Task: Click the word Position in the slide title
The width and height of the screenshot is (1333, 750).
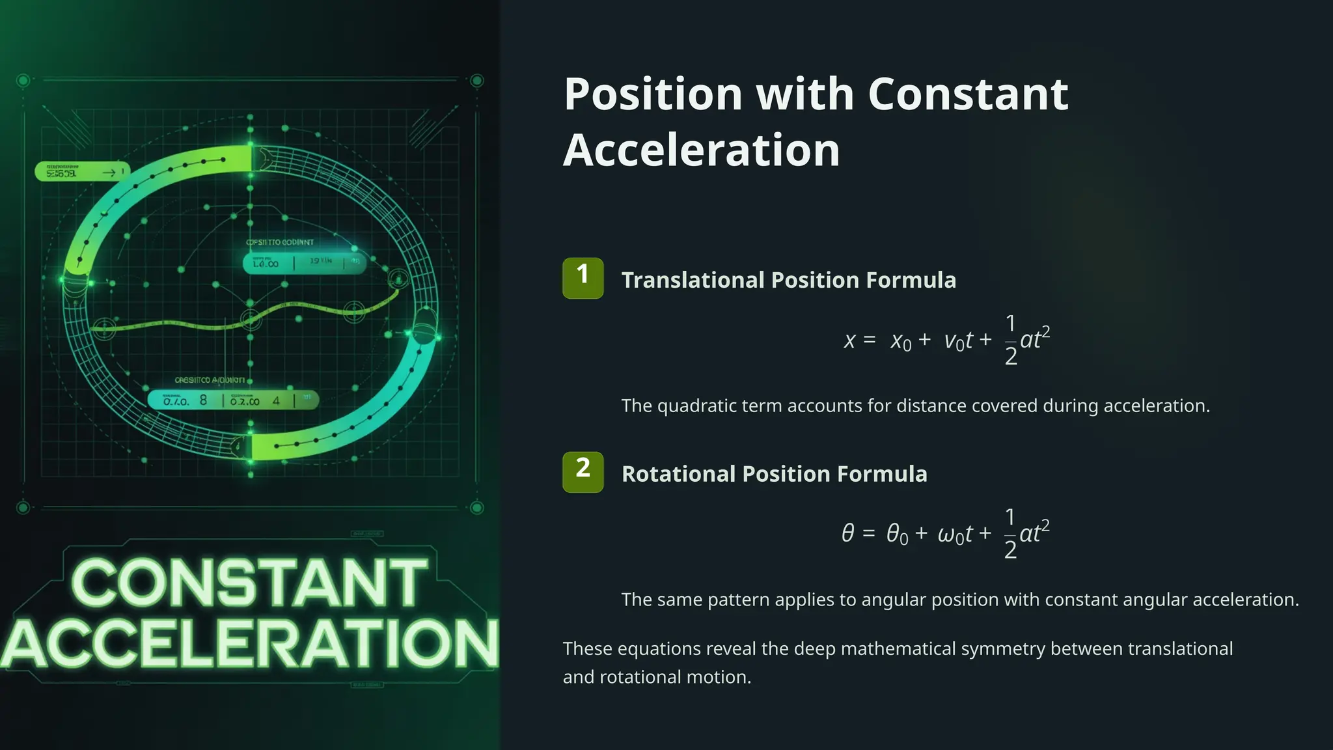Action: (x=653, y=94)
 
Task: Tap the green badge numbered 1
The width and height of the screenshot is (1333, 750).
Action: (x=583, y=278)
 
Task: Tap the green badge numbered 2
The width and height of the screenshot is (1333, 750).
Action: (x=583, y=472)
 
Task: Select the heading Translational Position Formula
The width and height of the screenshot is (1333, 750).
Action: (x=788, y=280)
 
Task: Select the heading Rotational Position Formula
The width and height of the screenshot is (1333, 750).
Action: (x=774, y=474)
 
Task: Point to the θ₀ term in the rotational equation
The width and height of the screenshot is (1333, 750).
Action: (x=896, y=535)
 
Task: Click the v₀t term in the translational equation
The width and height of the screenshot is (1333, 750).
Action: (x=959, y=340)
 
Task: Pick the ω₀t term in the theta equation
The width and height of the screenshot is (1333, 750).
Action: (x=955, y=535)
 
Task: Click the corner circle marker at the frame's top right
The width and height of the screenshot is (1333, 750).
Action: (x=477, y=81)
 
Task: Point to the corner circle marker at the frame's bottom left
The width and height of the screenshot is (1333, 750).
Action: (x=23, y=507)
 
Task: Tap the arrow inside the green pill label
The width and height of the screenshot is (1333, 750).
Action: (x=109, y=173)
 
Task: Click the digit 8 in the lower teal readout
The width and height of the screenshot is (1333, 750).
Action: (x=203, y=400)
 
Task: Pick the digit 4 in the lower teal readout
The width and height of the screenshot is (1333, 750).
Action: (x=276, y=401)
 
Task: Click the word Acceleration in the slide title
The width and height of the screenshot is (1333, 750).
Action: (x=701, y=150)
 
